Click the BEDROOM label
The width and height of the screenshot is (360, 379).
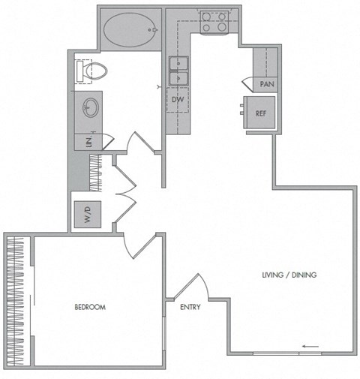click(89, 308)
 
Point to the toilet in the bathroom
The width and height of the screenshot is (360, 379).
click(93, 72)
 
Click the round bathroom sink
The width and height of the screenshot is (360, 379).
click(89, 108)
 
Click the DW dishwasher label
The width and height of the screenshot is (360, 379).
click(178, 100)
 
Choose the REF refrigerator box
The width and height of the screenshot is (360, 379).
click(261, 114)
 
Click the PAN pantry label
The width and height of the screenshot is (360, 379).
click(266, 85)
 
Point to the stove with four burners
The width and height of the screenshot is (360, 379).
click(214, 22)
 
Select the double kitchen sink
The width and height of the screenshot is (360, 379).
click(178, 71)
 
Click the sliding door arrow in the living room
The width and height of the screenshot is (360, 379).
click(310, 346)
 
